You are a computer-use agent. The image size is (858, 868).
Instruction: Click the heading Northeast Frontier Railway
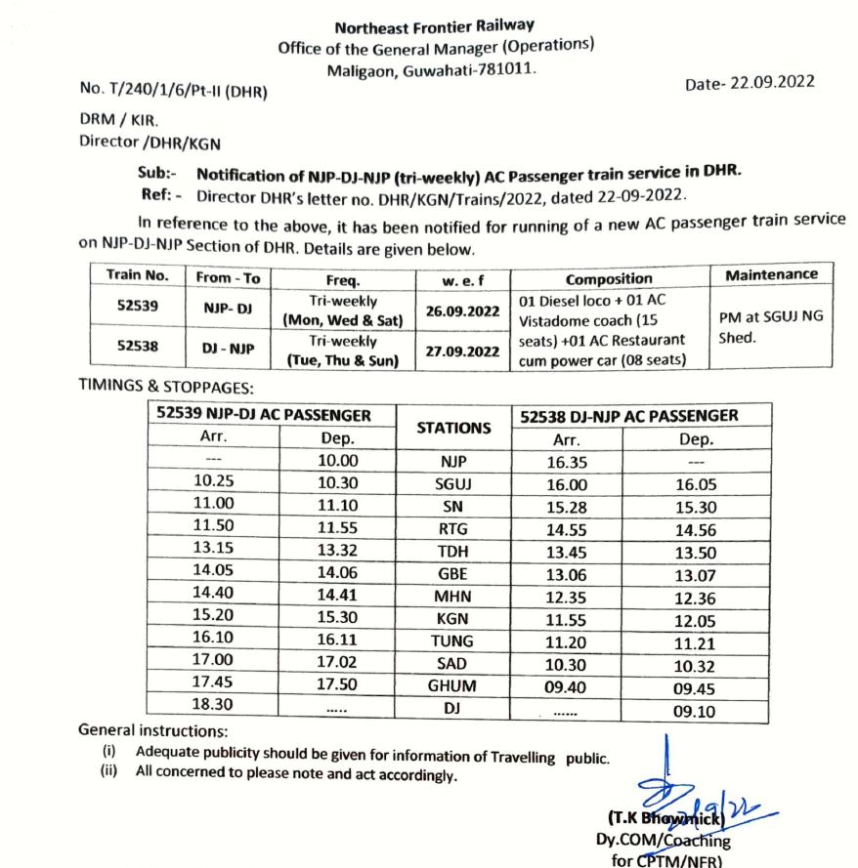[x=435, y=26]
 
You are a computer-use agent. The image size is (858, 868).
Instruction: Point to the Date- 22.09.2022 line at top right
[x=750, y=83]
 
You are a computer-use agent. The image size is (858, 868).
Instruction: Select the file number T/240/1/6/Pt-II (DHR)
[x=173, y=91]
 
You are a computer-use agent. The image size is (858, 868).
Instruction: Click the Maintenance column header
[x=771, y=275]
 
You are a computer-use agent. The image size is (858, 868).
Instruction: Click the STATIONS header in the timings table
[x=453, y=427]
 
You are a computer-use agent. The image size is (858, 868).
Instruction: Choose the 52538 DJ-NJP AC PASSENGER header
[x=629, y=415]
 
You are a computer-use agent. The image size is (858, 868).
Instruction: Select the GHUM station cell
[x=452, y=686]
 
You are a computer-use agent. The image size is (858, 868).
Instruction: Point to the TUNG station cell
[x=452, y=641]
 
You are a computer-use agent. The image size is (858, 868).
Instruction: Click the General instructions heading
[x=152, y=730]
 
